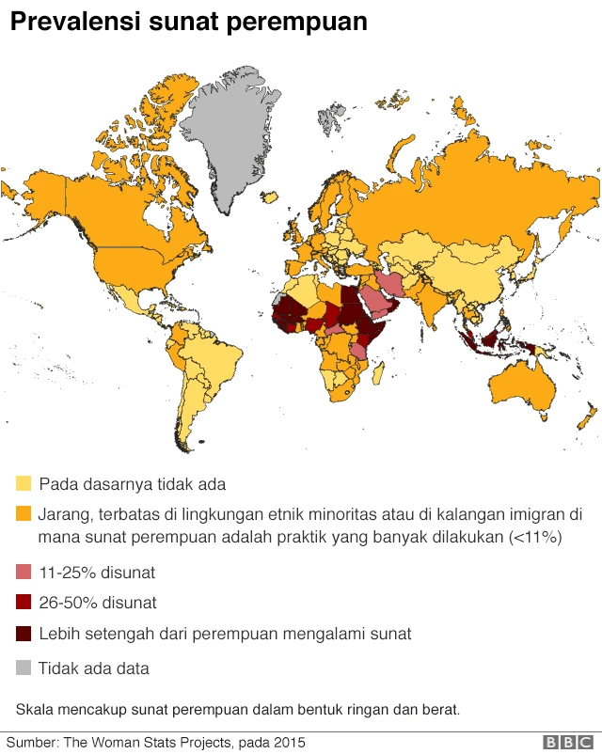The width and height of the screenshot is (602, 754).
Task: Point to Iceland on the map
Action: coord(269,199)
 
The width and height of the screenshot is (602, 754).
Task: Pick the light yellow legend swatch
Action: coord(24,484)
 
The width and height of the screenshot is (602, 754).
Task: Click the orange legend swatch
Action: coord(24,514)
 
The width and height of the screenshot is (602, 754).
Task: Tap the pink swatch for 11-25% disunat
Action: coord(24,572)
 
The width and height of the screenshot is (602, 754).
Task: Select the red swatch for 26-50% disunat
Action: coord(24,603)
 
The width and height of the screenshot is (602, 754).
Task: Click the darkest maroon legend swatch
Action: coord(24,634)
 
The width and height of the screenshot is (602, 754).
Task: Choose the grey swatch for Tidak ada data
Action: coord(24,668)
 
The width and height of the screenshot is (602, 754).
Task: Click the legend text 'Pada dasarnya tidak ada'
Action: coord(132,484)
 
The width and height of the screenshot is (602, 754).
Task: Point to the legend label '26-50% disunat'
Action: coord(97,603)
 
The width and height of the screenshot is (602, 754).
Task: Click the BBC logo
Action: coord(567,743)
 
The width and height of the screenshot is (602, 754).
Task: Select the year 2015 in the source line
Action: coord(289,743)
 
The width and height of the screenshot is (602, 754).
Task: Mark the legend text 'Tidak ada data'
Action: coord(93,668)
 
